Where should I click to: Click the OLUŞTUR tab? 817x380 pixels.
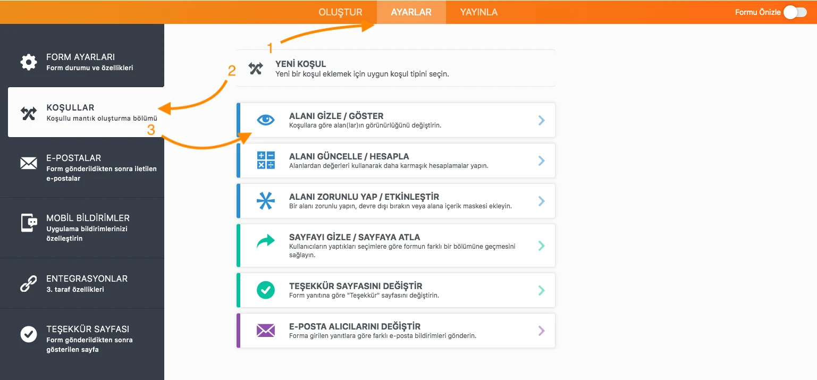coord(340,12)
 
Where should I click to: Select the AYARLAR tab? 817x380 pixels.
coord(411,12)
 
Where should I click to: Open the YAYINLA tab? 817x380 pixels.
coord(478,12)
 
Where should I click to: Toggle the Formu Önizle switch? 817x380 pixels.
coord(796,12)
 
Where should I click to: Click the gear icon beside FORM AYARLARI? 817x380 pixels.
coord(29,62)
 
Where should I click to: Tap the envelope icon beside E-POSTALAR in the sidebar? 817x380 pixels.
coord(29,163)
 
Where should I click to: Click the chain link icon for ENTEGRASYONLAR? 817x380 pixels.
coord(29,284)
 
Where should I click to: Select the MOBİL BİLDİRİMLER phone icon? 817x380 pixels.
coord(29,223)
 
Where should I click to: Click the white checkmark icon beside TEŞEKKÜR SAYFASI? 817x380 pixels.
coord(29,334)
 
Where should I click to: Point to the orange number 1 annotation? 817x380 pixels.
coord(270,48)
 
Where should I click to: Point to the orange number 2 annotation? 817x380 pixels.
coord(232,70)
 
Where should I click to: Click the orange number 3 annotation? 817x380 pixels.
coord(151,130)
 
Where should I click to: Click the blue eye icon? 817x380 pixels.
coord(266,120)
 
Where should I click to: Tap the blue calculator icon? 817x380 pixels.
coord(266,160)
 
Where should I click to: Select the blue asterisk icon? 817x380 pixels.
coord(266,200)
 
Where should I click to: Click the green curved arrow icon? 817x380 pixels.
coord(266,241)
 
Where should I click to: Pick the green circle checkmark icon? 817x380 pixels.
coord(266,290)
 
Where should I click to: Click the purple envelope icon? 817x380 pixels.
coord(266,331)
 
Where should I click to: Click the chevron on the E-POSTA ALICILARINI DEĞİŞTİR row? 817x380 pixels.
coord(542,331)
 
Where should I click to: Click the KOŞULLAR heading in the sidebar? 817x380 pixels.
coord(70,107)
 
